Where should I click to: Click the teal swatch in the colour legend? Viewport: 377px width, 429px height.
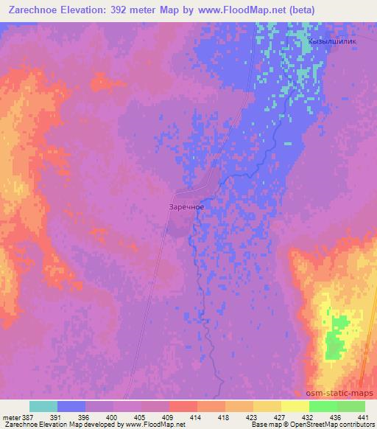(x=43, y=406)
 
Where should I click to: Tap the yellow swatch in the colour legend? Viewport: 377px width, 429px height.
(x=295, y=406)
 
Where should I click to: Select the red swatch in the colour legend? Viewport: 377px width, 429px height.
(x=183, y=406)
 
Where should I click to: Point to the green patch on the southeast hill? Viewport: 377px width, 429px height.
(x=338, y=335)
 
